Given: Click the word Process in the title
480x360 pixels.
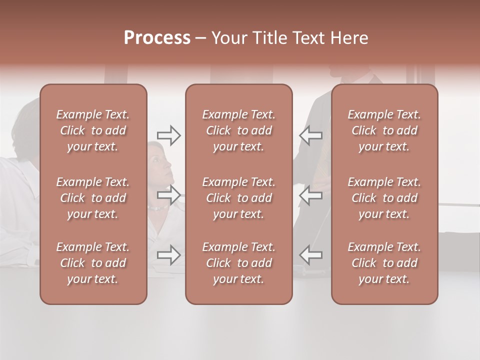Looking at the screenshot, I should click(x=157, y=38).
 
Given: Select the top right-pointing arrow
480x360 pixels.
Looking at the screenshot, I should click(x=169, y=135).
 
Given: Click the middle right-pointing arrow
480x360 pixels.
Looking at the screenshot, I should click(x=169, y=195).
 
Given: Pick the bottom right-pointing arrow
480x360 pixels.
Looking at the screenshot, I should click(x=169, y=255).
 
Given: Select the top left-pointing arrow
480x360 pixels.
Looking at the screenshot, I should click(x=311, y=135).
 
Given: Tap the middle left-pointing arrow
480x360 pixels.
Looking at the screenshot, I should click(x=311, y=195).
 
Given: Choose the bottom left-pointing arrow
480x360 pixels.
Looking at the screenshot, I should click(x=311, y=255).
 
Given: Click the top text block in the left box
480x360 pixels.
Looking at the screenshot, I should click(x=93, y=130).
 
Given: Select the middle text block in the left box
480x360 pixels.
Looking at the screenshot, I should click(x=93, y=198).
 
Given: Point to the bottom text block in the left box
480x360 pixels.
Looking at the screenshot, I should click(x=93, y=263).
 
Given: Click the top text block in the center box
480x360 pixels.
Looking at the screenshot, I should click(x=239, y=130).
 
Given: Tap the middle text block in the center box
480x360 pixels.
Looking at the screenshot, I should click(x=239, y=198).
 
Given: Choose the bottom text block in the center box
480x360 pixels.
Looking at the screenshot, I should click(x=239, y=263).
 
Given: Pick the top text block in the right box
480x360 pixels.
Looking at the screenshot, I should click(x=384, y=130).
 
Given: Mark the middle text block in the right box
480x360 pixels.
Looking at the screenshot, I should click(x=384, y=198).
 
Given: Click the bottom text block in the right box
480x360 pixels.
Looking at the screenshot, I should click(x=384, y=263).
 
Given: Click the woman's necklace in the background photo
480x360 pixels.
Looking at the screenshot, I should click(x=158, y=207).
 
